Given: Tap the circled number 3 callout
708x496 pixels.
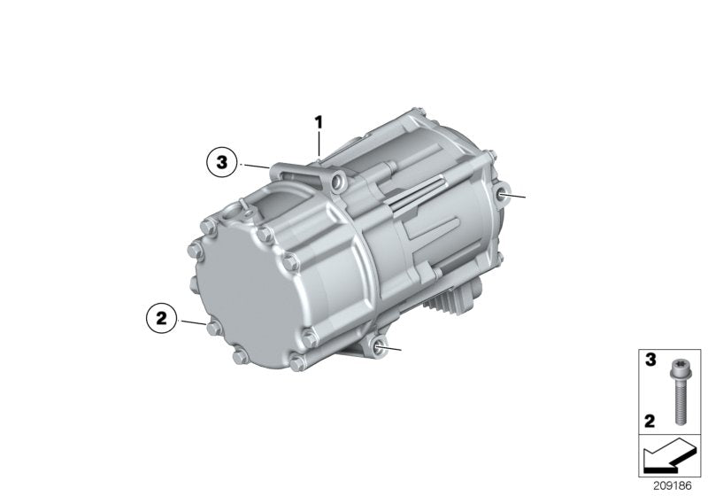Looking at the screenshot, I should click(x=222, y=163).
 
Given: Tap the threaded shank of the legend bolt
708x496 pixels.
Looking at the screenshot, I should click(x=679, y=402).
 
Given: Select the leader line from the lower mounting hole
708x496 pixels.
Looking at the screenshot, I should click(x=395, y=350).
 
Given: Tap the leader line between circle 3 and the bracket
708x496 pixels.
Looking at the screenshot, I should click(x=258, y=166).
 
